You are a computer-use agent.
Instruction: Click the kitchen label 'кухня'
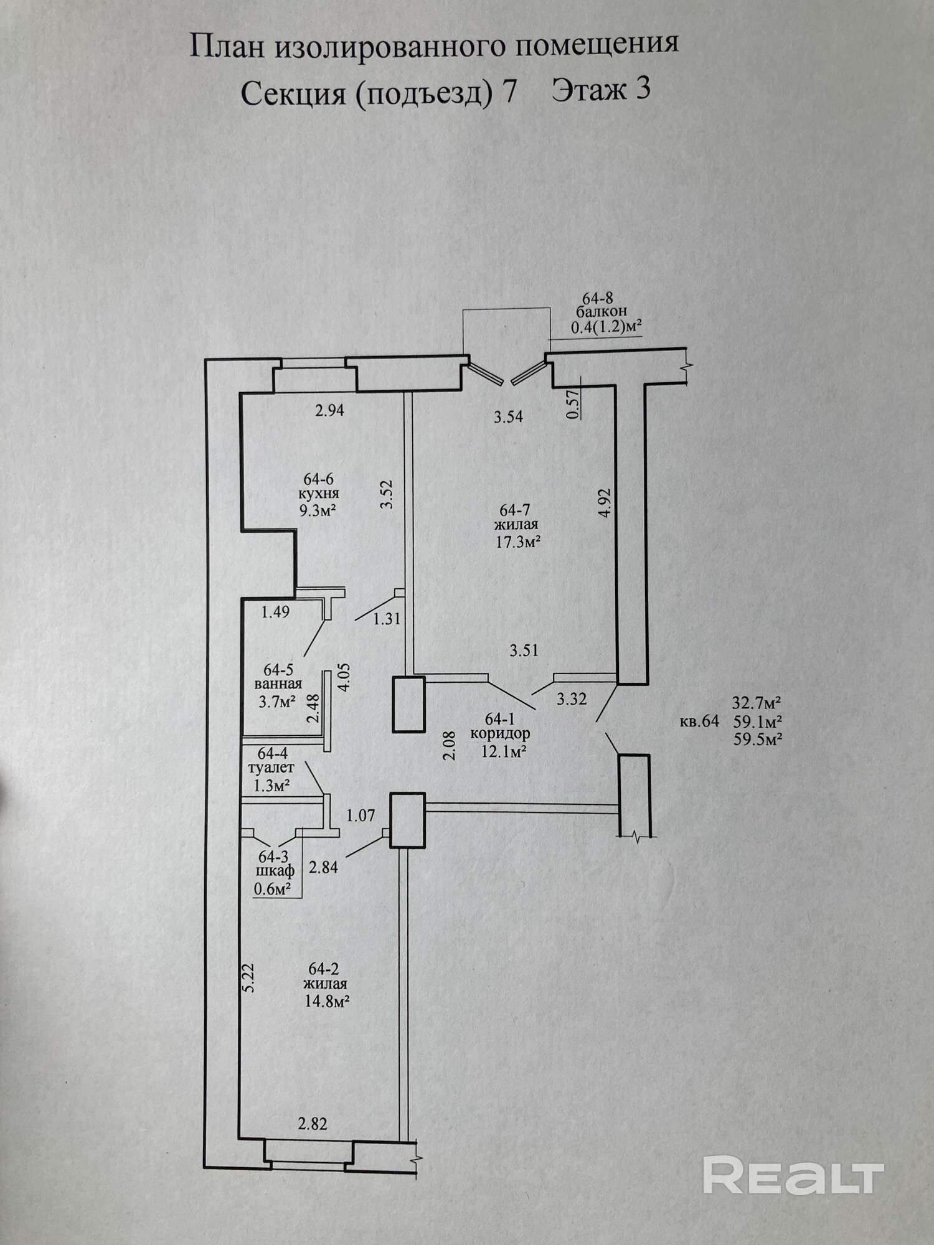(x=319, y=494)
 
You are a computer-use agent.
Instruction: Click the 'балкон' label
(x=601, y=311)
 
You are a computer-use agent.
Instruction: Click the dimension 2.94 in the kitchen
(x=330, y=410)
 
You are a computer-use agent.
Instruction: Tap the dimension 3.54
(x=508, y=417)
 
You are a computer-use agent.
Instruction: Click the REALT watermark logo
(x=793, y=1175)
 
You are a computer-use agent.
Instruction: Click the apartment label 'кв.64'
(x=699, y=721)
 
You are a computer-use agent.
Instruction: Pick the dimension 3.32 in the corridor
(x=572, y=699)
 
